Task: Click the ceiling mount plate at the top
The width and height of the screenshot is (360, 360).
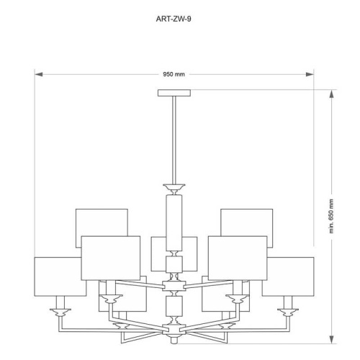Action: (x=175, y=92)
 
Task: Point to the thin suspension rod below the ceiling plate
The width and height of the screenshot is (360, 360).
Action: (x=175, y=137)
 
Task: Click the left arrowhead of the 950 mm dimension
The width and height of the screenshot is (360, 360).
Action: (x=40, y=73)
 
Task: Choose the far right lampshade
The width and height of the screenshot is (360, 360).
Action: (x=288, y=275)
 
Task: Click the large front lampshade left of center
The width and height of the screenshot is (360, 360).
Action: (x=110, y=257)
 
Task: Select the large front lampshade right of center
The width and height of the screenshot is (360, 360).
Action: (x=238, y=257)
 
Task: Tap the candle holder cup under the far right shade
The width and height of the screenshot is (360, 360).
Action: (x=289, y=312)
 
